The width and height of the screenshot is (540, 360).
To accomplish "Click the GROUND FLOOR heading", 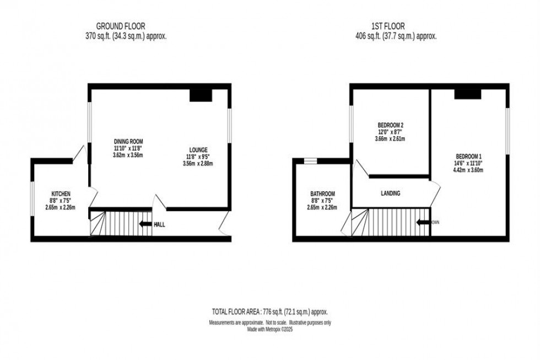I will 121,26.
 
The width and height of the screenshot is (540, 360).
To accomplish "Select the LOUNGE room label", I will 198,149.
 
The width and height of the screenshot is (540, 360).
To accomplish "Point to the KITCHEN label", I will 61,194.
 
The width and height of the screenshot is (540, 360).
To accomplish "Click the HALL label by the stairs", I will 159,224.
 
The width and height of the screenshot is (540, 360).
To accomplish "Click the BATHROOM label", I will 323,194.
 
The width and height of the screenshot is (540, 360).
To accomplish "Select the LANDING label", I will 390,194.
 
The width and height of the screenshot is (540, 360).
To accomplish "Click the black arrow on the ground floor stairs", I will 145,224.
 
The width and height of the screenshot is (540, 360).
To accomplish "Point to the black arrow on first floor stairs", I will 423,223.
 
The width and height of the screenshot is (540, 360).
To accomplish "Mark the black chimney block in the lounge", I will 201,95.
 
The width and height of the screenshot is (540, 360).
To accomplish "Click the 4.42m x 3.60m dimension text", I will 469,170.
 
